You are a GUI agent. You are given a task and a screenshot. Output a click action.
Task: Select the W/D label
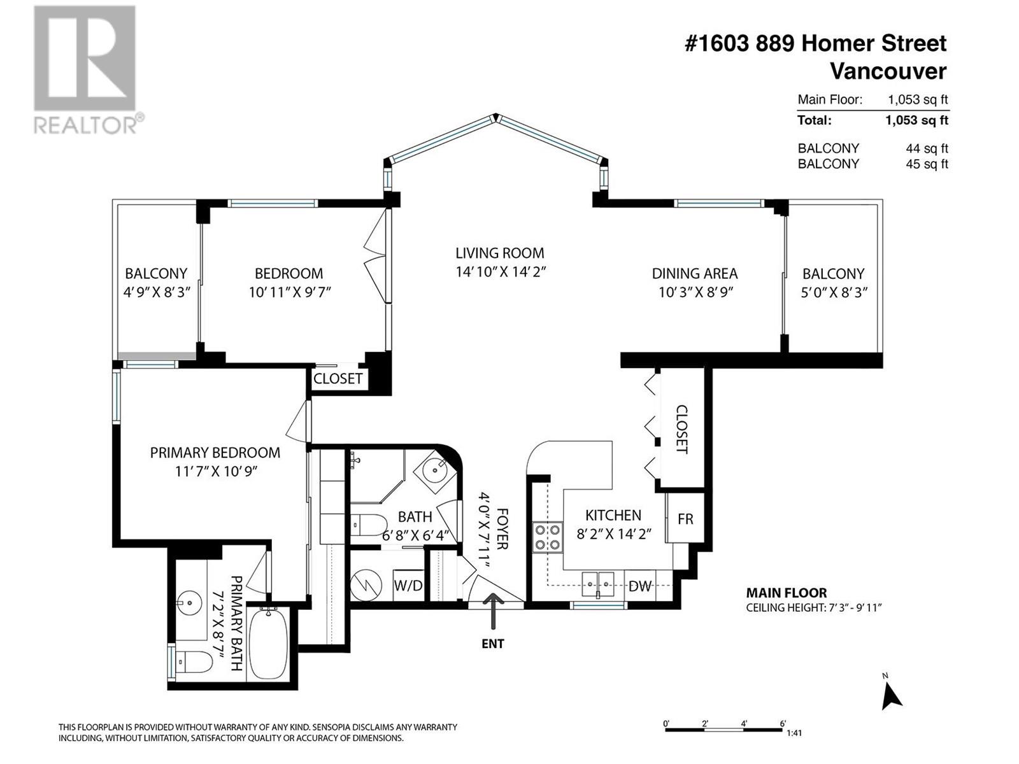tap(408, 586)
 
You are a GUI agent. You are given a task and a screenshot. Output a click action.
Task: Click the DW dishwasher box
tap(639, 586)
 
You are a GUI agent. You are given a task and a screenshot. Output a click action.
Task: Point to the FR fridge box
tap(685, 518)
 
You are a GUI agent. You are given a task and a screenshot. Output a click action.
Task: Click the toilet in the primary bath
tap(194, 663)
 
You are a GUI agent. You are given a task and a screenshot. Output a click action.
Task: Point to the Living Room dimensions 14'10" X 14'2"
tap(501, 272)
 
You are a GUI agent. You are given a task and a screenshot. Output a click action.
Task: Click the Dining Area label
tap(694, 274)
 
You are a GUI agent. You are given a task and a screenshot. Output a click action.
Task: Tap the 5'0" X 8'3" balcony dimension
tap(833, 292)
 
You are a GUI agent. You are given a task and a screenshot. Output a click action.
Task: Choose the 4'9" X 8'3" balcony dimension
tap(156, 292)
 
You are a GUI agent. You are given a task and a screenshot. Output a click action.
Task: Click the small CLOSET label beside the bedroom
tap(338, 379)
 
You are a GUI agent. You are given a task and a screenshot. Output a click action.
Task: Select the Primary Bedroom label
tap(215, 453)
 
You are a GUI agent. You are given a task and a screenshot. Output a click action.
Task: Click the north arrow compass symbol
tap(890, 695)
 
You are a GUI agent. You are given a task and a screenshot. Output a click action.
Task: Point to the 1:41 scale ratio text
tap(794, 733)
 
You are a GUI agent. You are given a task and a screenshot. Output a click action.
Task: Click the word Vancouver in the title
tap(888, 71)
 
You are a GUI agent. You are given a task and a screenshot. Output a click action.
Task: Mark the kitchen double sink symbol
tap(598, 582)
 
